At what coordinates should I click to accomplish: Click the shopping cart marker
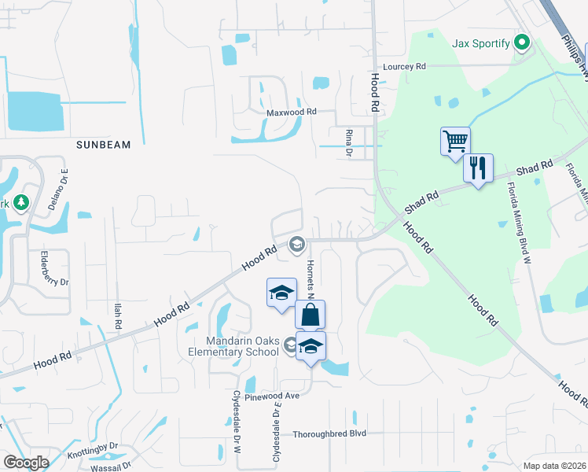(x=455, y=142)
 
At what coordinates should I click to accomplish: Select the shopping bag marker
(x=310, y=315)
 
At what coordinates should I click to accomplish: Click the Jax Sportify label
(x=481, y=42)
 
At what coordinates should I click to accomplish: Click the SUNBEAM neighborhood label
(x=103, y=145)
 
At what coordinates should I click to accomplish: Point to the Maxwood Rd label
(x=291, y=112)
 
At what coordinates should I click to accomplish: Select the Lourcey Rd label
(x=404, y=67)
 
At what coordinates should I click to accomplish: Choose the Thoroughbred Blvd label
(x=329, y=433)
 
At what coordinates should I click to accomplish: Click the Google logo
(x=26, y=462)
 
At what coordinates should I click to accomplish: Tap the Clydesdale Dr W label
(x=236, y=422)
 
